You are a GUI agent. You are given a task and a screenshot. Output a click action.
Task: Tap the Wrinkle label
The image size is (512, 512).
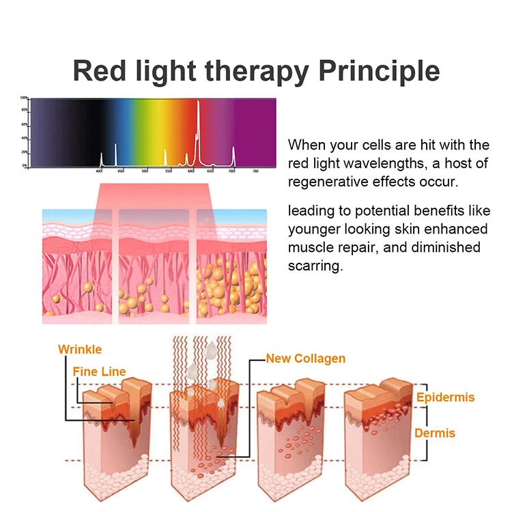(80, 350)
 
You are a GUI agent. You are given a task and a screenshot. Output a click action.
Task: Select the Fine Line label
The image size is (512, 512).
(99, 372)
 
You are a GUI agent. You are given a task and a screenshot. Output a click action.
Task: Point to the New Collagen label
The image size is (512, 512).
(306, 358)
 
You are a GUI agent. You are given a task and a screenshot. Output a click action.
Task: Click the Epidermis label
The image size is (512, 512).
(445, 397)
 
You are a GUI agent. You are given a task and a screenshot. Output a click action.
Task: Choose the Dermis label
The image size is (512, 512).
(435, 433)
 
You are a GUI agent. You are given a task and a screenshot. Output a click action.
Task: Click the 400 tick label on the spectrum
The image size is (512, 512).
(99, 171)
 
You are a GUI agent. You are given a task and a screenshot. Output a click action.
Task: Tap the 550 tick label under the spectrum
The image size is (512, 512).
(168, 171)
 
